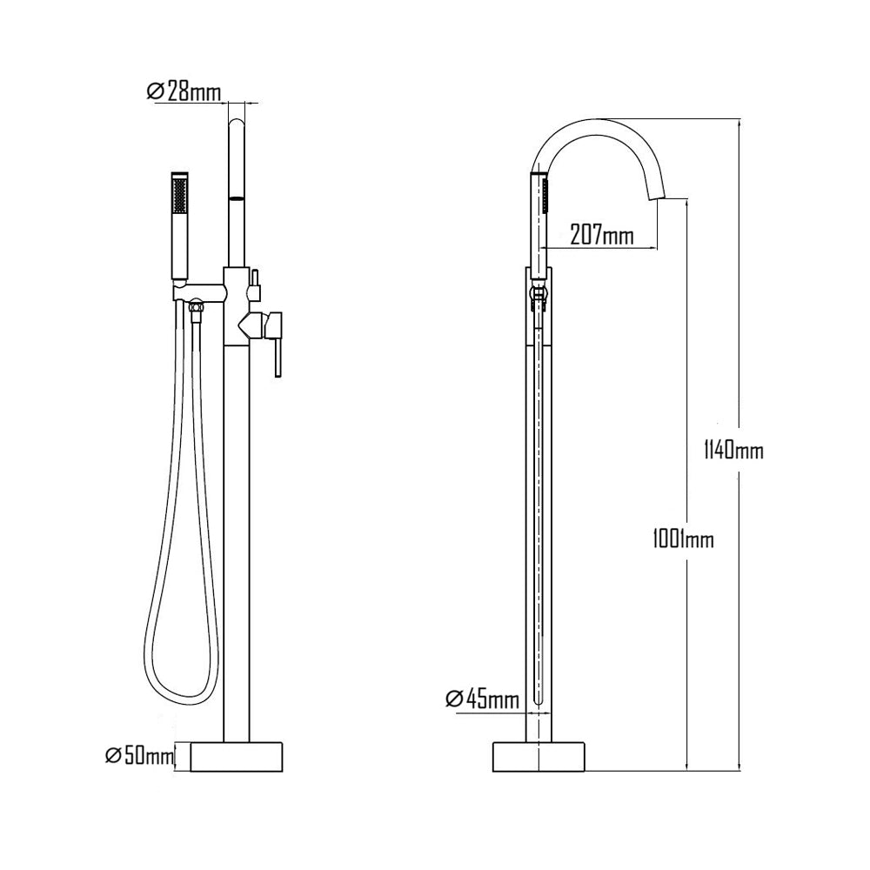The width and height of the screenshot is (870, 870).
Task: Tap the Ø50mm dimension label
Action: [x=139, y=755]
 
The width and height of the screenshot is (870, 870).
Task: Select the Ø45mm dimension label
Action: [x=482, y=699]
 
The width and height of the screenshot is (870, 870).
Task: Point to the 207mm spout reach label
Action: [x=601, y=234]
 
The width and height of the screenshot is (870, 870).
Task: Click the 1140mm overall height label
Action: [x=733, y=450]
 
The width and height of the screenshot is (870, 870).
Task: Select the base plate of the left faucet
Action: [x=238, y=756]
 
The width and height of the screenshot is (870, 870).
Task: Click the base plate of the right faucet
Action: [x=540, y=756]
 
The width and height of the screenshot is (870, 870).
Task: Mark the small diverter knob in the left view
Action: [x=256, y=281]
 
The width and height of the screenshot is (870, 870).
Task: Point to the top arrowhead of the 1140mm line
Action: [x=739, y=121]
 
